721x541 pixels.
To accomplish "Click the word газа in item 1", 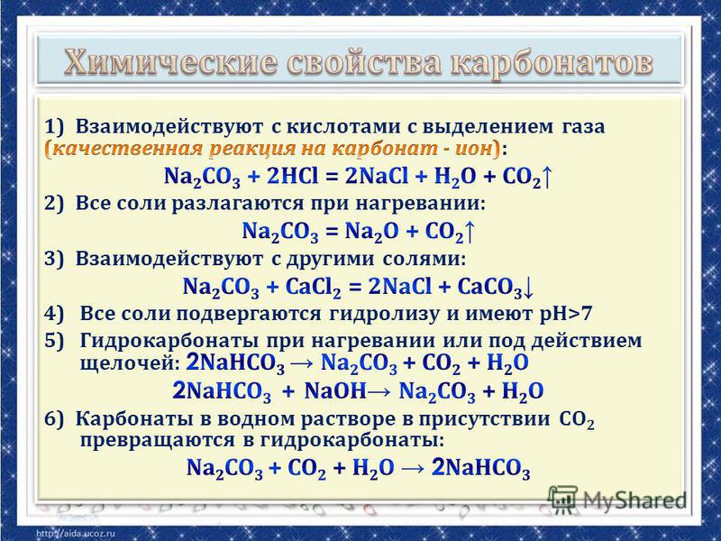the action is coord(582,126).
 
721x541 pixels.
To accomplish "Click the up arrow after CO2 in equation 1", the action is coord(546,176).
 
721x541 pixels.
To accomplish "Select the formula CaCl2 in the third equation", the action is coord(313,287).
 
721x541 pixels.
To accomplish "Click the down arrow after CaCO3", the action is coord(528,288).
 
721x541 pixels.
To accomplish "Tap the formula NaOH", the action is coord(335,391).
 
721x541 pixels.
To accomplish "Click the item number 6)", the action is coord(55,419).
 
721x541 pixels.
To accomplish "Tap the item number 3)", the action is coord(55,259).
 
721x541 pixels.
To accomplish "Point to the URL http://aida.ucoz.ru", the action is coord(75,534).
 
